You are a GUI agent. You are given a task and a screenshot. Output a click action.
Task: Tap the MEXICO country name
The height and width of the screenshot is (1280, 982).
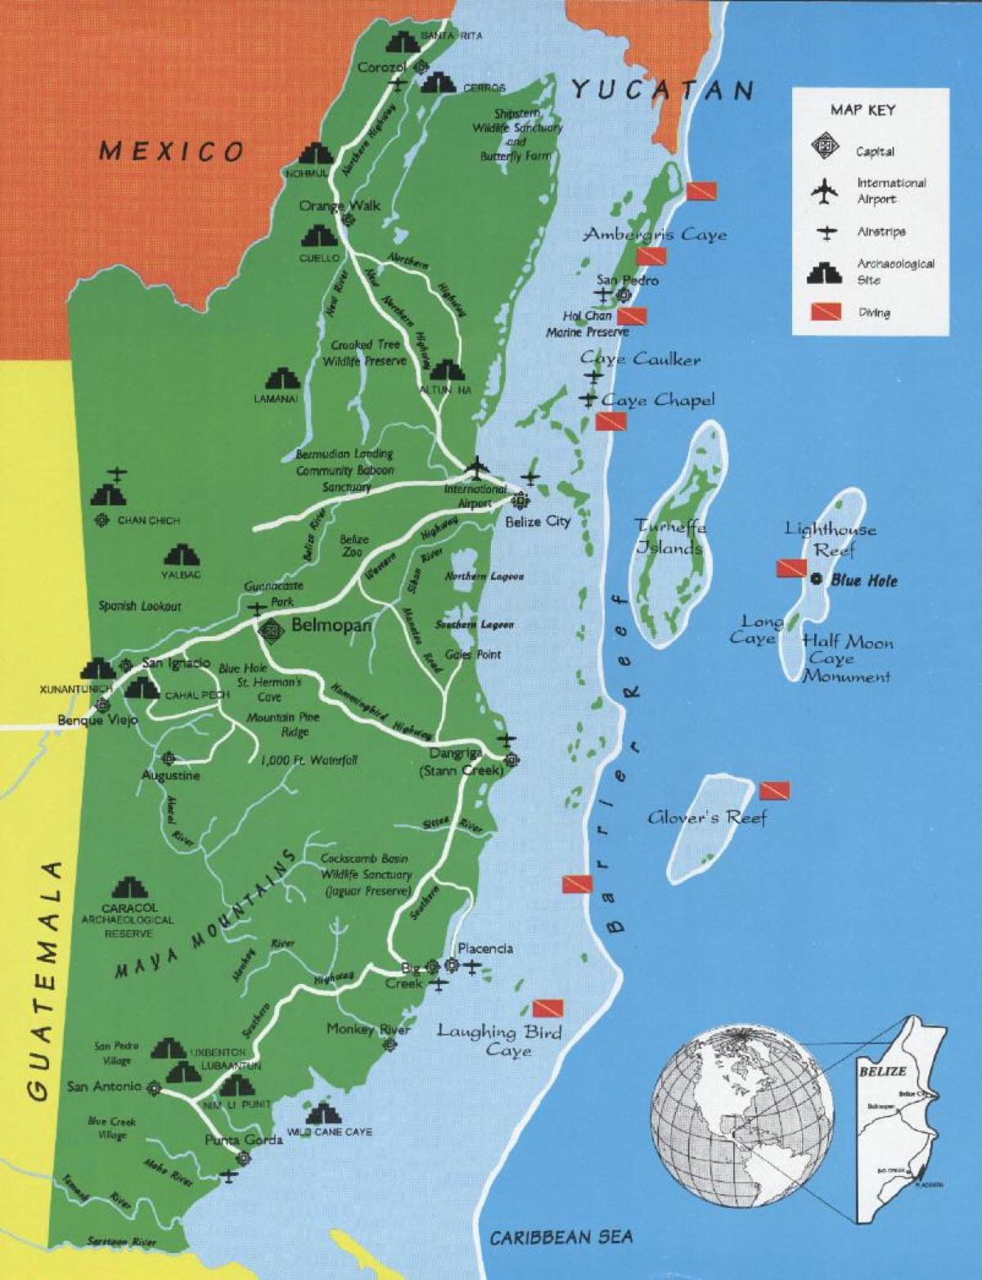[172, 151]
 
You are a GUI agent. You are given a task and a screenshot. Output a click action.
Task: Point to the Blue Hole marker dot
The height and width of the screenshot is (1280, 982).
[816, 579]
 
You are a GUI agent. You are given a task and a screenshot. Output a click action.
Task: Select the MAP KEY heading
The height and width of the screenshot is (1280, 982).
[863, 110]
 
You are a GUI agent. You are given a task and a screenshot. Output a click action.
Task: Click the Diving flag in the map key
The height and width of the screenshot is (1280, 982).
[827, 312]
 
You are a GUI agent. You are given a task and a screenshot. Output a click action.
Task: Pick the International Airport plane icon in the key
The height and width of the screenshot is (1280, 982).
[827, 191]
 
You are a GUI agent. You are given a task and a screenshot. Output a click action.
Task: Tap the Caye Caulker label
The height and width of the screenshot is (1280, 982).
[640, 359]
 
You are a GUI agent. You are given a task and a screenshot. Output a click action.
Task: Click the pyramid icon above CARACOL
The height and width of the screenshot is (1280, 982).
[129, 888]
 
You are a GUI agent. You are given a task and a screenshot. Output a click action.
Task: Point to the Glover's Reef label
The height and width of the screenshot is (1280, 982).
[708, 816]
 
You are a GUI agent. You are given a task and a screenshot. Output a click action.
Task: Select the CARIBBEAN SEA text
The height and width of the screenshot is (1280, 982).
[561, 1237]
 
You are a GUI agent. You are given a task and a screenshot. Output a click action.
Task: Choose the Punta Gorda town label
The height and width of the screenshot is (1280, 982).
[244, 1140]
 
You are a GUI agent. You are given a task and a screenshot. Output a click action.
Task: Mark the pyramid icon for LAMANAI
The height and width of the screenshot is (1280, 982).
[282, 380]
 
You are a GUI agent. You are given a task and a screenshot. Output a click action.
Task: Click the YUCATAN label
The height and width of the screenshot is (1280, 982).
[661, 89]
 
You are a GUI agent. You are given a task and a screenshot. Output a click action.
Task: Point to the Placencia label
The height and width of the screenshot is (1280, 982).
[485, 948]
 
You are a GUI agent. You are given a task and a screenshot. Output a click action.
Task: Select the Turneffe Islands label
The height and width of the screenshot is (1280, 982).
[671, 537]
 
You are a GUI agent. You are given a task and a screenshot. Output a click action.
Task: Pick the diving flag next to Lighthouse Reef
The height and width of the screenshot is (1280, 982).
[791, 567]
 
